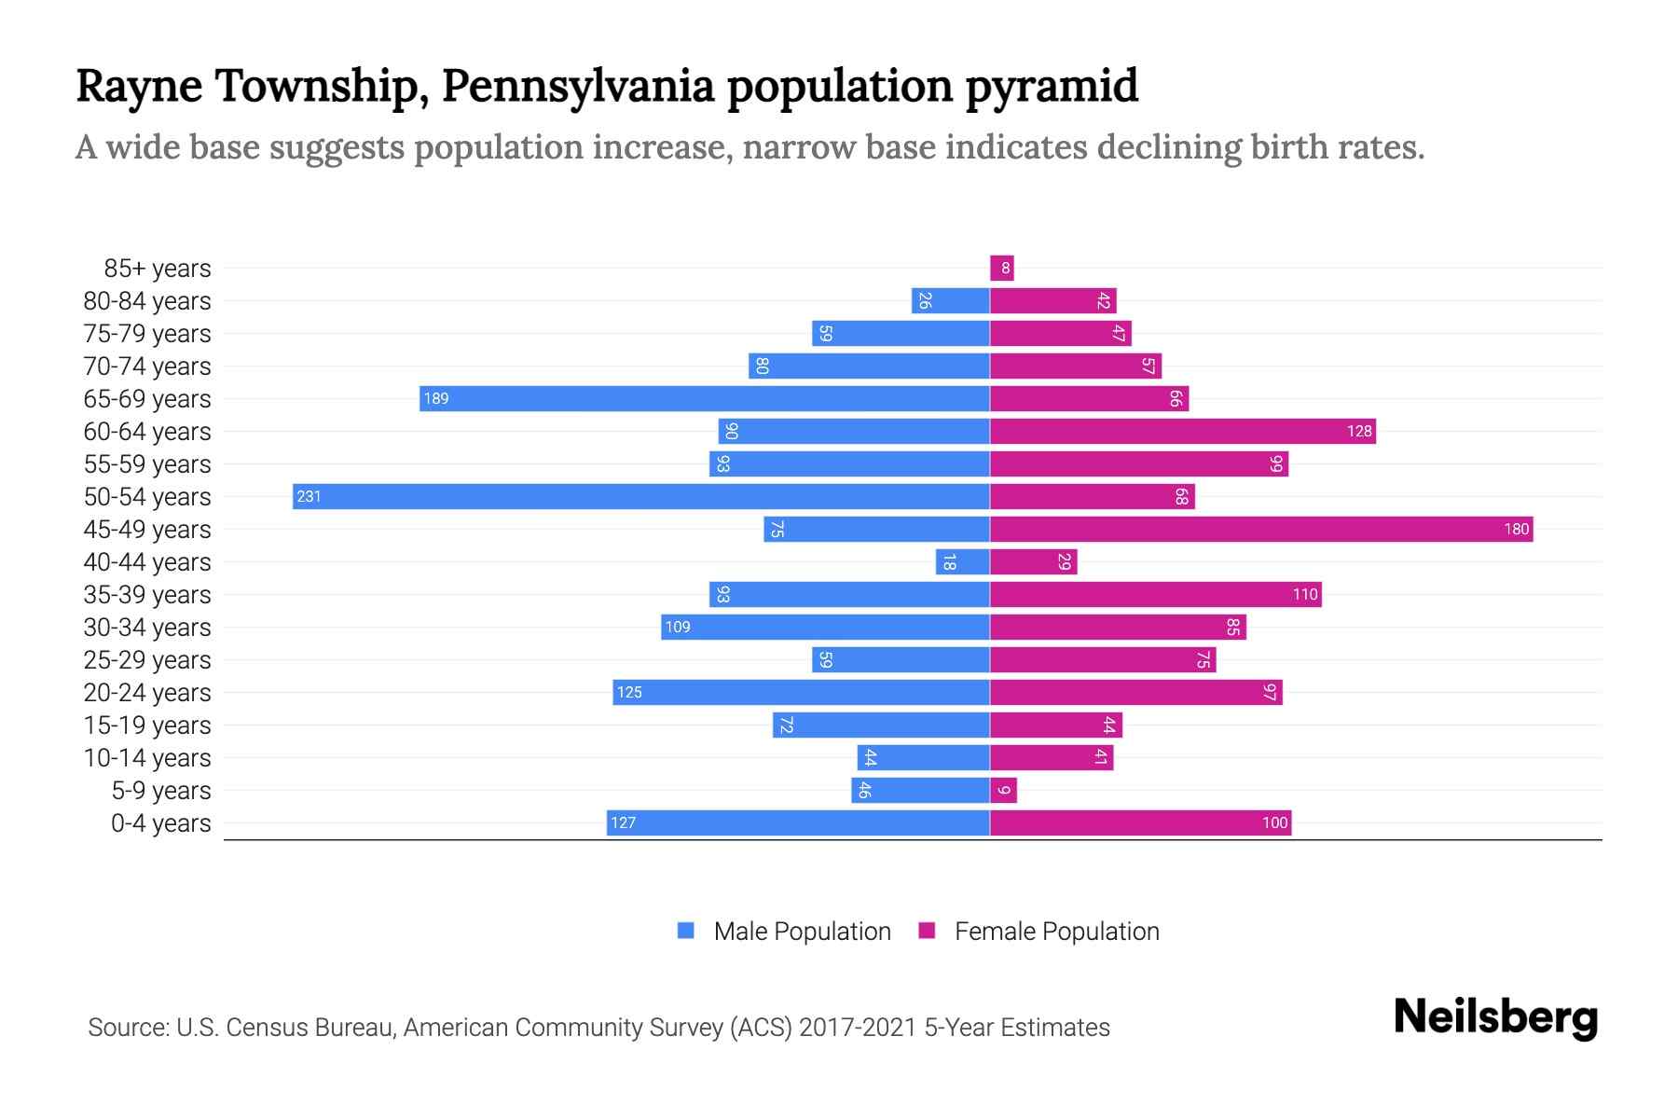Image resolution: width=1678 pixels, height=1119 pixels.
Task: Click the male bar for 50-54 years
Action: coord(640,496)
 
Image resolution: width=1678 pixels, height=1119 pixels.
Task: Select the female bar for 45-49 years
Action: coord(1260,529)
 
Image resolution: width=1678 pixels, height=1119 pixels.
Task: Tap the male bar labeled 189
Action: coord(704,398)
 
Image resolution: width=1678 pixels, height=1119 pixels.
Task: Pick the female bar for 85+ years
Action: coord(1001,269)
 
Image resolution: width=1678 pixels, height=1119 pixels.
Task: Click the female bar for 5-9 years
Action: coord(1003,791)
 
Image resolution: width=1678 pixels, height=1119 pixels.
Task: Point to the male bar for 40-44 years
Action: coord(962,561)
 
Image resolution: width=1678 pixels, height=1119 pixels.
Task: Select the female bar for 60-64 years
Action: coord(1182,431)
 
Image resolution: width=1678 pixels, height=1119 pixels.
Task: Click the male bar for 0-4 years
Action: coord(797,822)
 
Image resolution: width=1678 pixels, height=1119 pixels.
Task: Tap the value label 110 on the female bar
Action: coord(1304,594)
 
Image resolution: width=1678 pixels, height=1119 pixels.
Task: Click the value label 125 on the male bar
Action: coord(629,692)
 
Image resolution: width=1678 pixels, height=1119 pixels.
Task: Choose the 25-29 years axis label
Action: coord(147,660)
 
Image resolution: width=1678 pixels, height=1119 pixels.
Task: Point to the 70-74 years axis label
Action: coord(147,366)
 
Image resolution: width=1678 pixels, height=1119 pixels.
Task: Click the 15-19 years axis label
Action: coord(147,725)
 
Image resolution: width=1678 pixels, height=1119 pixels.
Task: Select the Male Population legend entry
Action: coord(801,932)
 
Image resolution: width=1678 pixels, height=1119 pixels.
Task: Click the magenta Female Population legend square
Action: coord(927,931)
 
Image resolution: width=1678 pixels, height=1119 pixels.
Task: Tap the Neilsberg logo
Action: coord(1495,1018)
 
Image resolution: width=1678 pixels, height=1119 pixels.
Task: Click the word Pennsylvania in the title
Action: coord(578,86)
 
